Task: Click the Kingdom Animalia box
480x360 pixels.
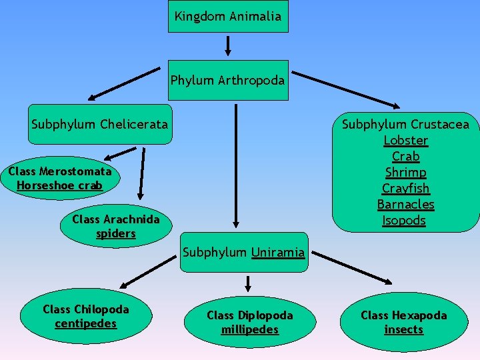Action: [228, 16]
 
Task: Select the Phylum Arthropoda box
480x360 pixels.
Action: [228, 81]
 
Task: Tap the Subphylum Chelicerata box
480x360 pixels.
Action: [100, 124]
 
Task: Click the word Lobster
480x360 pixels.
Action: [405, 141]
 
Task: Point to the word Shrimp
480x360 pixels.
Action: [405, 173]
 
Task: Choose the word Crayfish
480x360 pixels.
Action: [405, 189]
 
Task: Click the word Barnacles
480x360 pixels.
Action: [405, 205]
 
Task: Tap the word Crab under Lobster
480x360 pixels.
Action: [405, 157]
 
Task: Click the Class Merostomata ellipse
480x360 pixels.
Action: [60, 179]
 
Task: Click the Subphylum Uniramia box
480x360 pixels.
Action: [244, 253]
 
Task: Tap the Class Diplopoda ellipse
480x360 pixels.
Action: [249, 322]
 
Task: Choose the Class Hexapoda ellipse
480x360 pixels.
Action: [404, 322]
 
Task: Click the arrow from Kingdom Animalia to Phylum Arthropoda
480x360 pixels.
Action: [228, 45]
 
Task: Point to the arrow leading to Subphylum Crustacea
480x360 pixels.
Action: [345, 88]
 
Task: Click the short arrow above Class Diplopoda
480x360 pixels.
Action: [248, 284]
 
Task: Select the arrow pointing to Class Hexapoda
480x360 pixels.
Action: [353, 267]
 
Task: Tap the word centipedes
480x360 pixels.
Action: [85, 324]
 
